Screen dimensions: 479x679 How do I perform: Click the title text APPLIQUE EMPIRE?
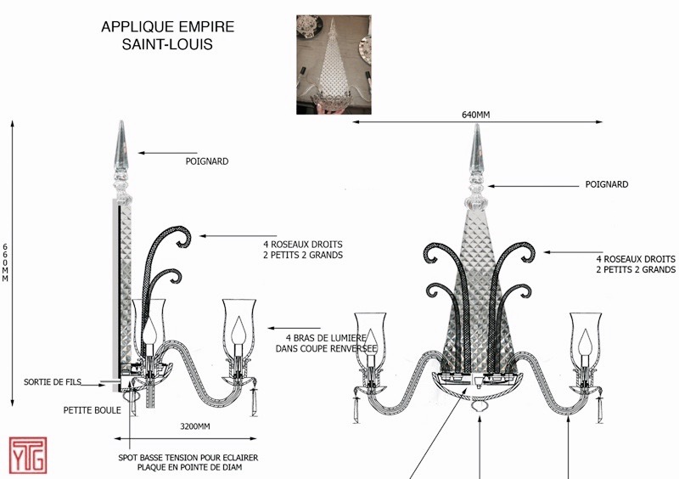[167, 27]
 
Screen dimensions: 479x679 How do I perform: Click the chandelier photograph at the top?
[333, 64]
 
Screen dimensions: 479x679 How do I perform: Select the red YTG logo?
[27, 456]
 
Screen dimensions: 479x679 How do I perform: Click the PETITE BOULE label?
[92, 410]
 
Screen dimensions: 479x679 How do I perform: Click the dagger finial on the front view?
[477, 153]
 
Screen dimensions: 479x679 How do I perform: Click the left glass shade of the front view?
[370, 335]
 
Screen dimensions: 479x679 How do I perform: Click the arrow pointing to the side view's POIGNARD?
[161, 153]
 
